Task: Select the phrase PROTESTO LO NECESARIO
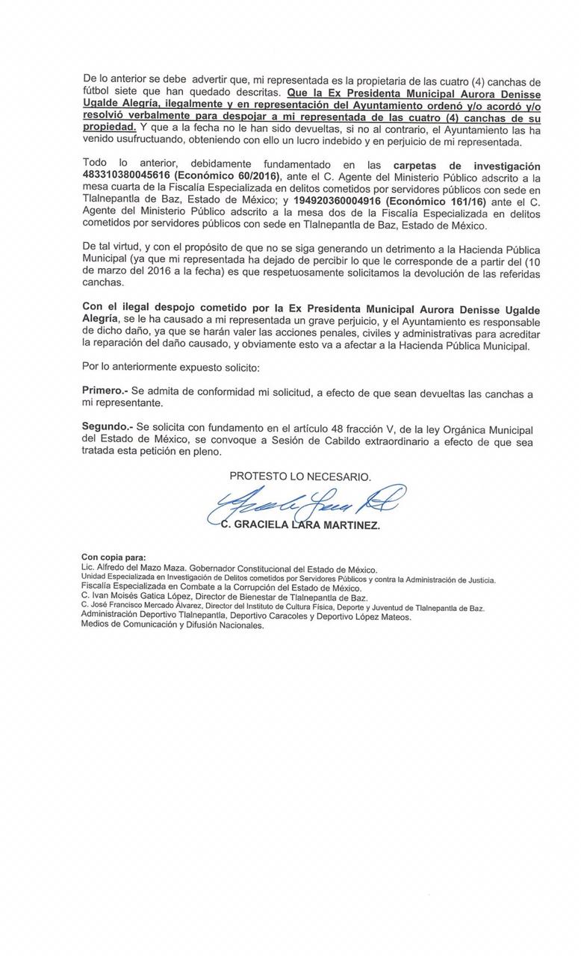coord(300,476)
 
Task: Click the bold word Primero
coord(105,391)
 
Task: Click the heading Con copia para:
coord(114,557)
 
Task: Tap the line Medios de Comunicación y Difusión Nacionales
coord(173,625)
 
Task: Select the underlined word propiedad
coord(109,127)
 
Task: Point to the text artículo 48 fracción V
coord(326,429)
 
